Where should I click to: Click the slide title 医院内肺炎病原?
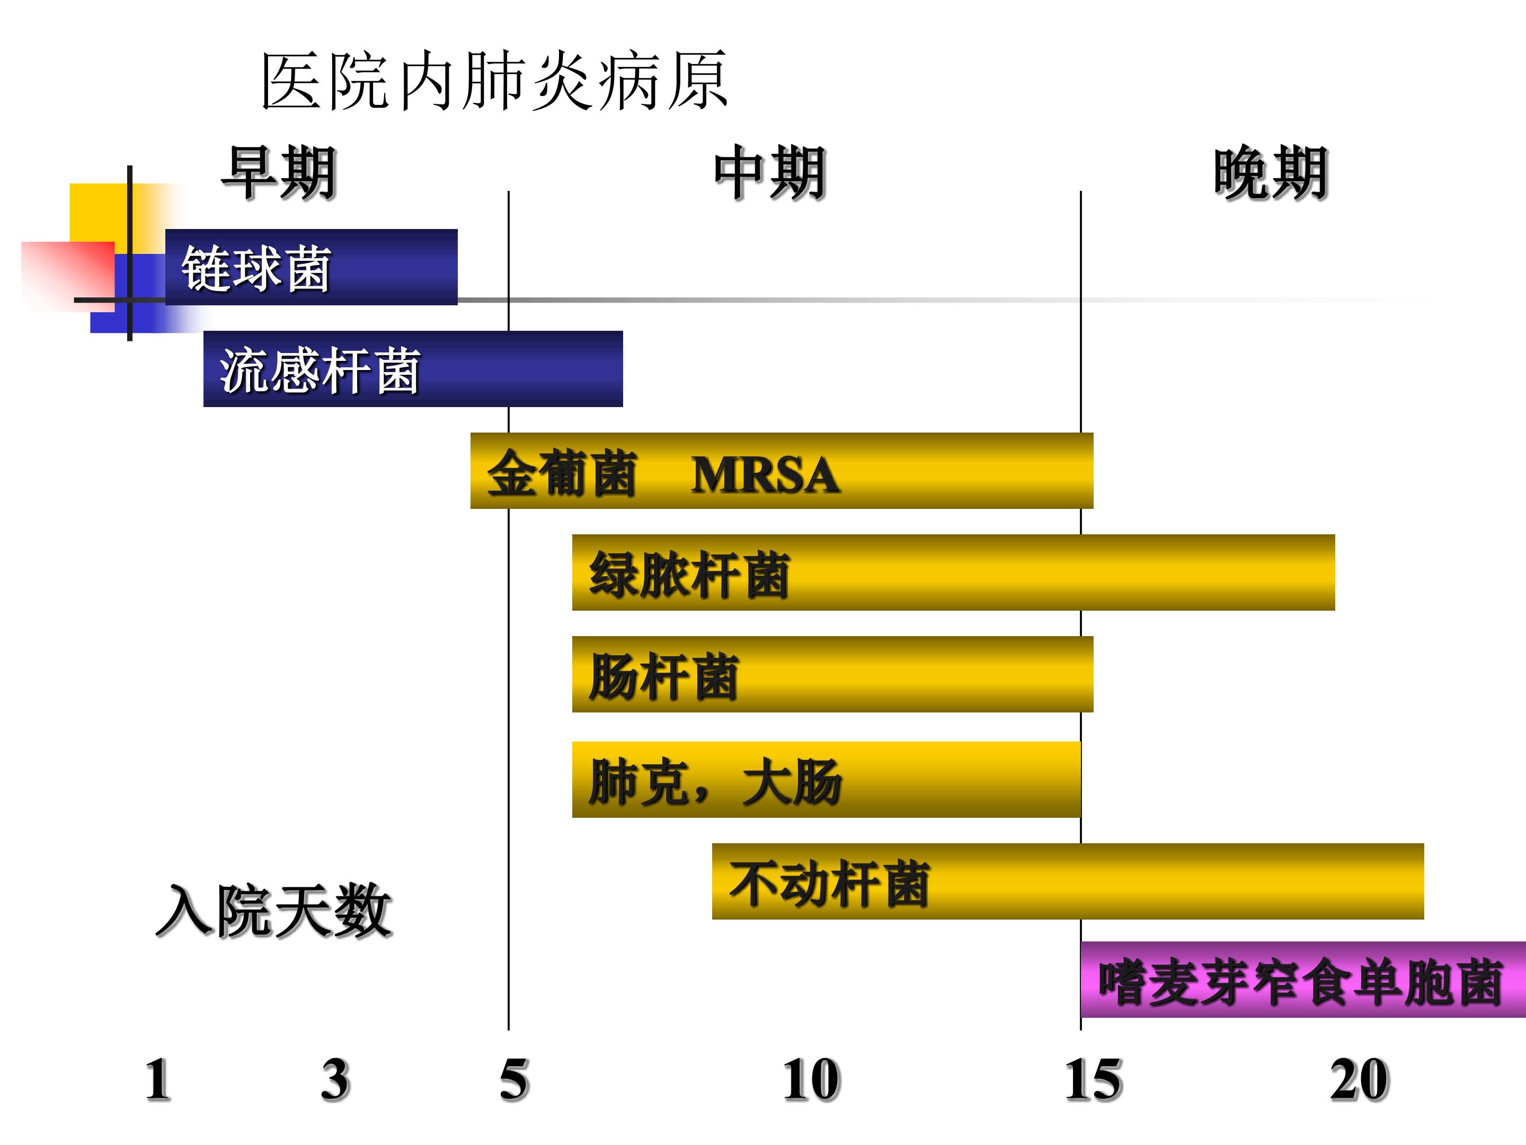coord(494,82)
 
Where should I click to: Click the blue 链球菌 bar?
coord(311,267)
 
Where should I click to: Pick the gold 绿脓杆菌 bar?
coord(953,572)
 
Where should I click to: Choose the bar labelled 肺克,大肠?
coord(826,780)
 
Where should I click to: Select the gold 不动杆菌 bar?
coord(1067,882)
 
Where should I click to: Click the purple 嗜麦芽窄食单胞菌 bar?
coord(1302,980)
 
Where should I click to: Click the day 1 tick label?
coord(157,1080)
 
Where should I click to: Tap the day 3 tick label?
coord(335,1080)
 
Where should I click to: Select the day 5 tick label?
coord(514,1080)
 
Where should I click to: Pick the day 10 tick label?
coord(811,1080)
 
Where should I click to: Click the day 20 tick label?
coord(1359,1080)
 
